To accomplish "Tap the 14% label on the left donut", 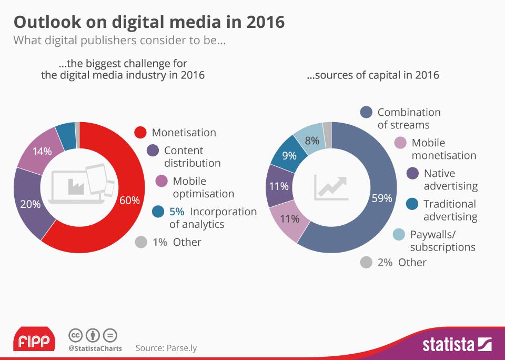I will coord(42,152).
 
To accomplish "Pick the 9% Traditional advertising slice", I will coord(289,156).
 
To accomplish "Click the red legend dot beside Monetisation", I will coord(140,133).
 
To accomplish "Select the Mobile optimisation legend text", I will coord(203,187).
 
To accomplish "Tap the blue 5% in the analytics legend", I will coord(176,212).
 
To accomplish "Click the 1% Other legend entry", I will coord(176,242).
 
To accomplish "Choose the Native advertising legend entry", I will coord(450,179).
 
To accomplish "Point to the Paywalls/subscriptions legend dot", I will coord(399,234).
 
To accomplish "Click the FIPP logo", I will coord(34,342).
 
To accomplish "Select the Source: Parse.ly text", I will coord(166,348).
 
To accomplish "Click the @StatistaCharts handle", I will coord(95,348).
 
